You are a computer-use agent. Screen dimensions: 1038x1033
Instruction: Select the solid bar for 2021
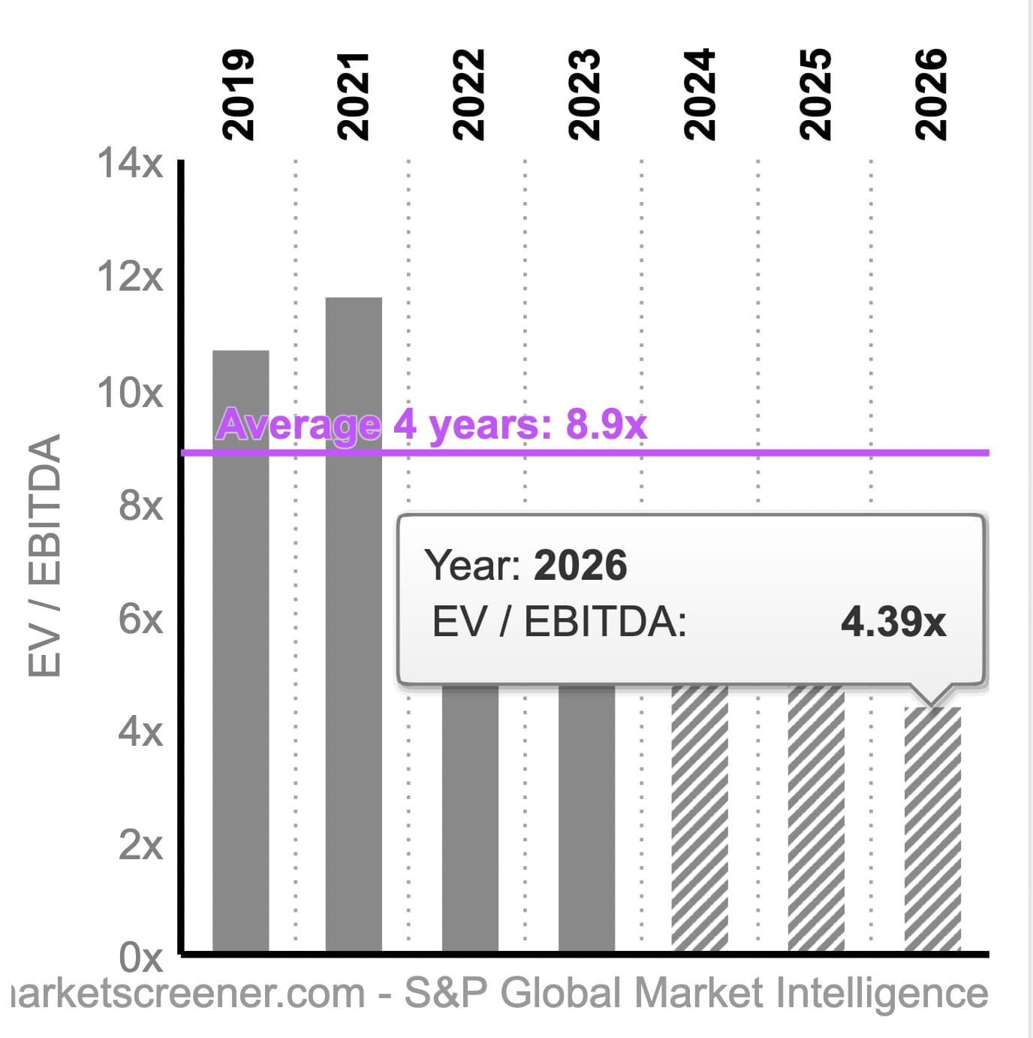coord(354,623)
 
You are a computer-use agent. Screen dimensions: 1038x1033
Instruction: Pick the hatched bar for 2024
coord(700,819)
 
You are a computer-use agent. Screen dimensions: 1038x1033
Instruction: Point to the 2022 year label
coord(470,95)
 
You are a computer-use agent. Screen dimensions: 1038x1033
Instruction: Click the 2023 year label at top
coord(586,95)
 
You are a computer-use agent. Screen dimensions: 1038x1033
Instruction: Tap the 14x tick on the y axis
coord(130,163)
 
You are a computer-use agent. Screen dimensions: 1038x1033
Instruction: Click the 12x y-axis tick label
coord(130,276)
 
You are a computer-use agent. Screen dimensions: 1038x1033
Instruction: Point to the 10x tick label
coord(130,392)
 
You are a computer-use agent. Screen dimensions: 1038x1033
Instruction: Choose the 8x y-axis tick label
coord(140,505)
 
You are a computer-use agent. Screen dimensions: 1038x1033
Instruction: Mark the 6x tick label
coord(140,619)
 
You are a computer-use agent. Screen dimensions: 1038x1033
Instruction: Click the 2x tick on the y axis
coord(140,845)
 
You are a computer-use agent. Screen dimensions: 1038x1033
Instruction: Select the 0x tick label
coord(140,958)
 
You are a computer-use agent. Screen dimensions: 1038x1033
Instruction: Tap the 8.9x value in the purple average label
coord(606,424)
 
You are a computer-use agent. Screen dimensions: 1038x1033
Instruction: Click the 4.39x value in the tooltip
coord(893,622)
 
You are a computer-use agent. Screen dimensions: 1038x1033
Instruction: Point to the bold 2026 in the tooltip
coord(580,565)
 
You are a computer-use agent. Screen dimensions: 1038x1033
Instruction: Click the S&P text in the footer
coord(446,993)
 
